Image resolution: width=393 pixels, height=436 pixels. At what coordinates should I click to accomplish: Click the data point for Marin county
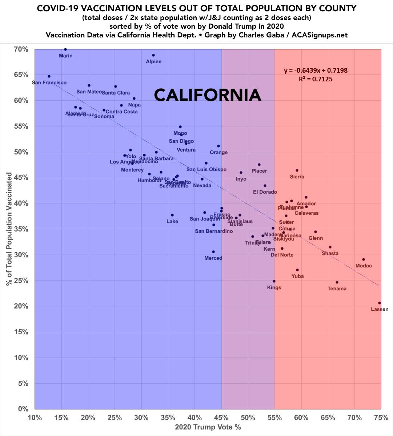tap(65, 49)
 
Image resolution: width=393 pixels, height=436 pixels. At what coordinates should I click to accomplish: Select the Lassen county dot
tap(380, 303)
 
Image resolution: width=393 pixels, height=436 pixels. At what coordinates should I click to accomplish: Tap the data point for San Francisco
tap(49, 76)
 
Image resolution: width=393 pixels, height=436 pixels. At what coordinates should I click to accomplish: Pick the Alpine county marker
tap(153, 55)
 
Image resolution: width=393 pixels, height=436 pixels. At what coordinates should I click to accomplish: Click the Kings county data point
tap(274, 281)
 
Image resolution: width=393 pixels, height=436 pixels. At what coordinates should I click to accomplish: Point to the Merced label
tap(213, 258)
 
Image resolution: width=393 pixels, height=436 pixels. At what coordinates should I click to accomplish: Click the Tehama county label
tap(337, 289)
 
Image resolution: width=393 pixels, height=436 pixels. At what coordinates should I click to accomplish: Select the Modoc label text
tap(364, 266)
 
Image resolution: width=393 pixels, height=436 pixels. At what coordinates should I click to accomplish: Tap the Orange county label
tap(219, 153)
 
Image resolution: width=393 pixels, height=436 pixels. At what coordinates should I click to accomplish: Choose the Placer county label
tap(259, 171)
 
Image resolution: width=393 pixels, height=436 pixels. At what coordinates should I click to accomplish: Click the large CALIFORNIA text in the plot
tap(208, 95)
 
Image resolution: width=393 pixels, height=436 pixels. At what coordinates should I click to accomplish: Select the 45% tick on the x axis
tap(221, 418)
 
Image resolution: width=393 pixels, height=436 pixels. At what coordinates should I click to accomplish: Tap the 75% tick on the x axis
tap(381, 418)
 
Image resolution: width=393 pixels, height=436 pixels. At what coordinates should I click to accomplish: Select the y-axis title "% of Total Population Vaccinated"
tap(9, 229)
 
